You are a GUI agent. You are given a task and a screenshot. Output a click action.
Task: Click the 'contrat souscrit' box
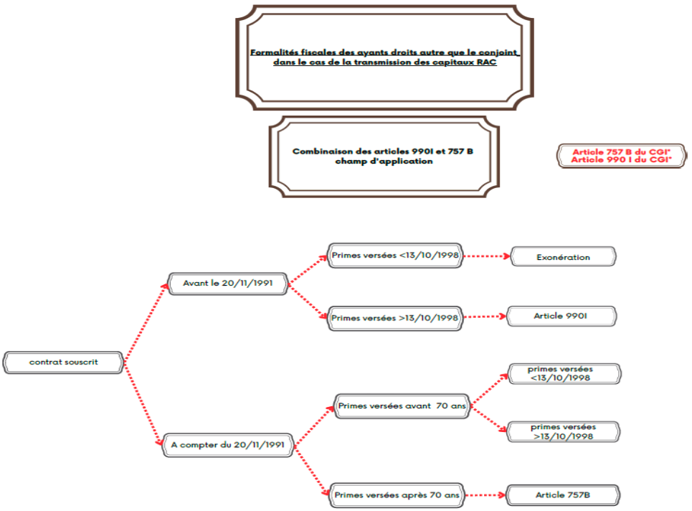pyautogui.click(x=64, y=362)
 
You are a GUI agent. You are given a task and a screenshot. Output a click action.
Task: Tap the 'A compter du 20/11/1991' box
pyautogui.click(x=227, y=445)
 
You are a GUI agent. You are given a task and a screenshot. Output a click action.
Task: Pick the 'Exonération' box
pyautogui.click(x=563, y=256)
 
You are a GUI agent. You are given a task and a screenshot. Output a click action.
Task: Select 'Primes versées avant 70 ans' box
pyautogui.click(x=402, y=406)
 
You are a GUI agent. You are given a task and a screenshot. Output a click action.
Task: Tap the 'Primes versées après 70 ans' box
pyautogui.click(x=397, y=495)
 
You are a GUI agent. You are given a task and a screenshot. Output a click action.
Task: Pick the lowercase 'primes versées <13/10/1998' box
pyautogui.click(x=563, y=373)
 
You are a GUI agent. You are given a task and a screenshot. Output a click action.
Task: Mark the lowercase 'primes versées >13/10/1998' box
pyautogui.click(x=563, y=431)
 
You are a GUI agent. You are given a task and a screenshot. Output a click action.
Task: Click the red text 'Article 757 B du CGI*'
pyautogui.click(x=621, y=152)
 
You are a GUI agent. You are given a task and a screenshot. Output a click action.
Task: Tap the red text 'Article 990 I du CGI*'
pyautogui.click(x=621, y=160)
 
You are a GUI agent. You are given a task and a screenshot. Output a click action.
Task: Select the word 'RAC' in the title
pyautogui.click(x=485, y=62)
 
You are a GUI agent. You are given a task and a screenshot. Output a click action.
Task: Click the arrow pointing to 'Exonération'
pyautogui.click(x=485, y=256)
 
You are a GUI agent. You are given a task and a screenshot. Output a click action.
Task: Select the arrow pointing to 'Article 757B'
pyautogui.click(x=485, y=495)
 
